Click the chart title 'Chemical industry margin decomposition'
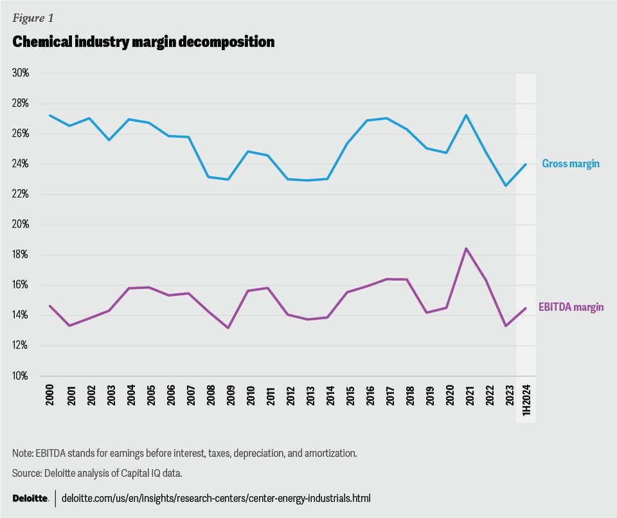[143, 42]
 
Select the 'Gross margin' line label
[571, 164]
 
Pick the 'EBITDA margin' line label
[571, 308]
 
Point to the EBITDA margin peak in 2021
[466, 249]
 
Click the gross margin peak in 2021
[466, 116]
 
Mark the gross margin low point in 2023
[506, 186]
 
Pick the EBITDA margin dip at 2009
[228, 328]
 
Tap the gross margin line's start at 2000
[50, 116]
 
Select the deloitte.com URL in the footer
[216, 499]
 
